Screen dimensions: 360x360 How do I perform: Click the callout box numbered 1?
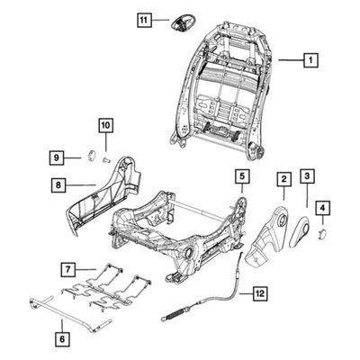click(x=310, y=60)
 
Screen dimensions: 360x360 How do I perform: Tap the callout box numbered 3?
click(x=307, y=177)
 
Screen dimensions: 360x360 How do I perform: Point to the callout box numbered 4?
click(x=323, y=208)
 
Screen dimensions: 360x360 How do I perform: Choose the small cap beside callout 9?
click(x=92, y=156)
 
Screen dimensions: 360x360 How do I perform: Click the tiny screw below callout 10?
click(x=105, y=158)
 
